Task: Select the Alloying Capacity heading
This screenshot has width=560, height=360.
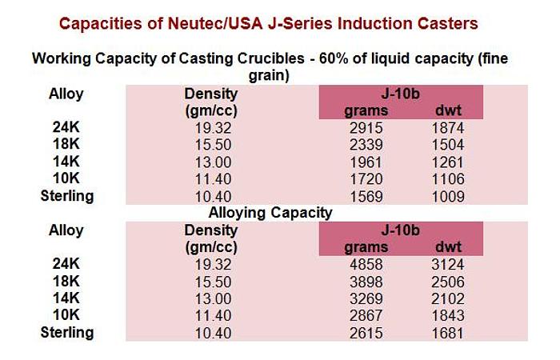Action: [270, 213]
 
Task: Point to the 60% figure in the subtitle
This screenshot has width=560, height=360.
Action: [356, 59]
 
